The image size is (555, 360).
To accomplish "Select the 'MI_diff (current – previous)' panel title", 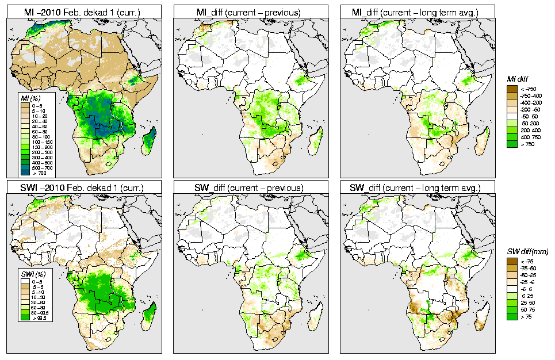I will [250, 11].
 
